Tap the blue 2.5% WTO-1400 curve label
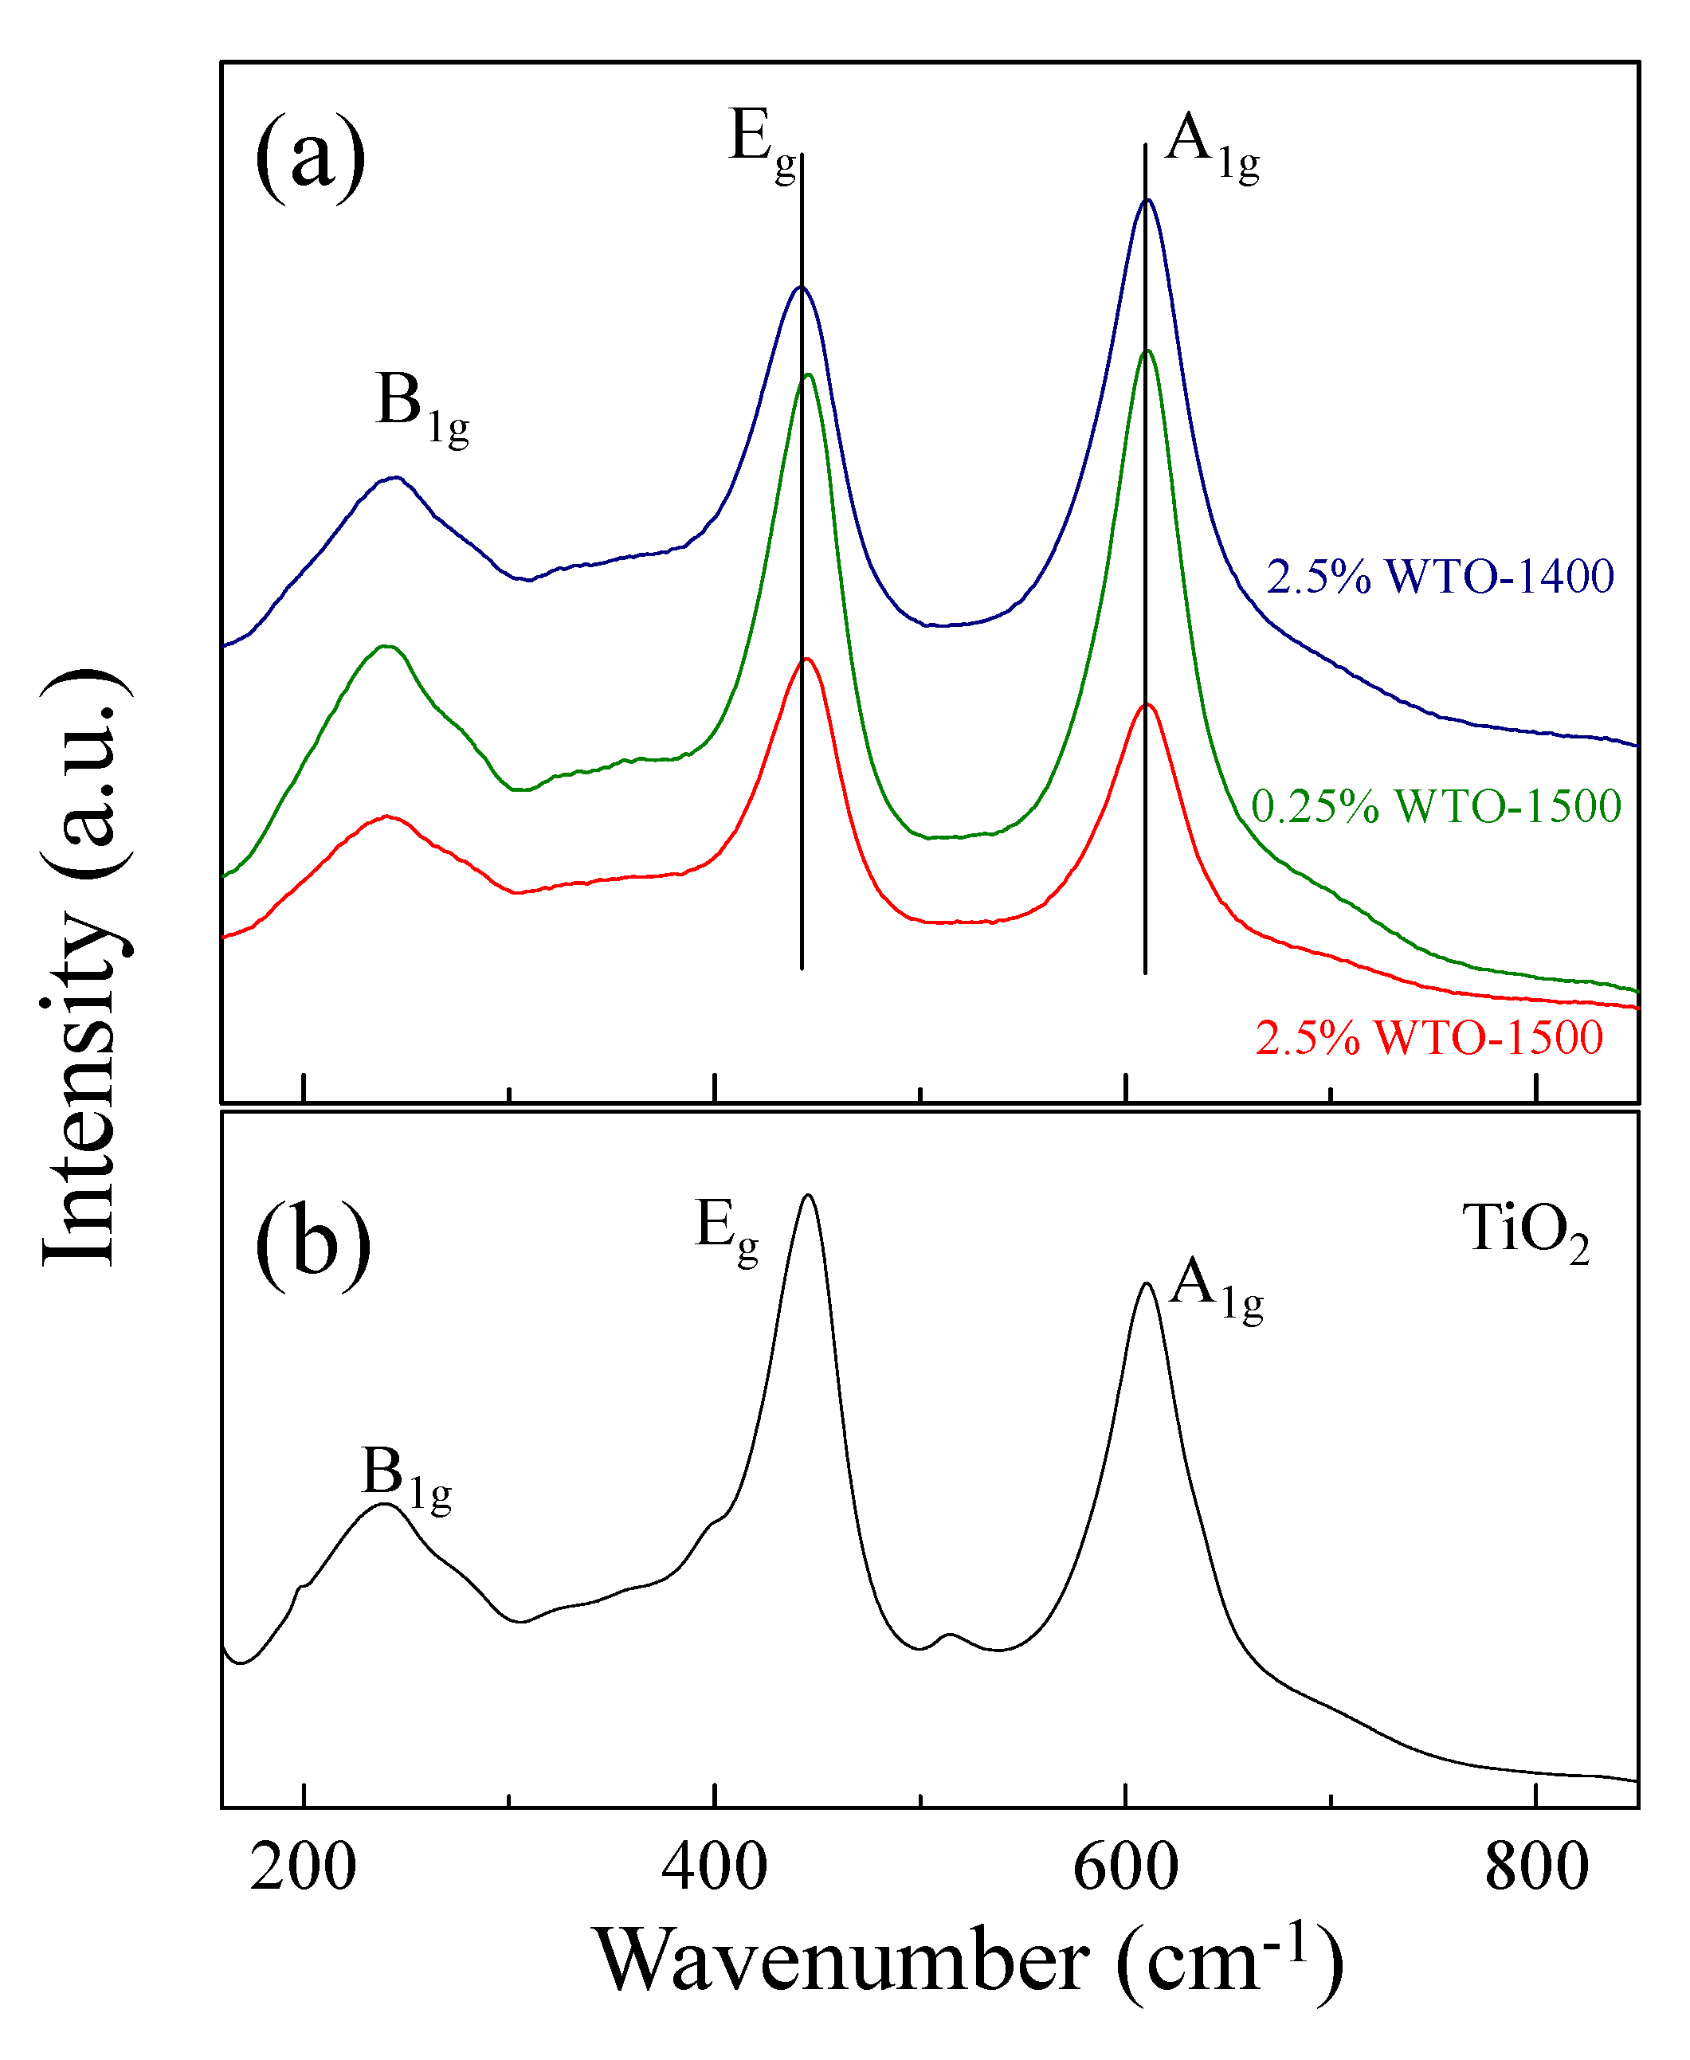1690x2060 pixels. point(1440,576)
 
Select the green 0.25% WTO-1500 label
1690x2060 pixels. point(1436,805)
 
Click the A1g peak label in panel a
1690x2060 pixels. point(1211,146)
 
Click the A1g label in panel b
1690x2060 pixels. point(1215,1290)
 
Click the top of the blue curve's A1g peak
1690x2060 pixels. point(1147,201)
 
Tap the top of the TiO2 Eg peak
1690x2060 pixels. point(808,1195)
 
